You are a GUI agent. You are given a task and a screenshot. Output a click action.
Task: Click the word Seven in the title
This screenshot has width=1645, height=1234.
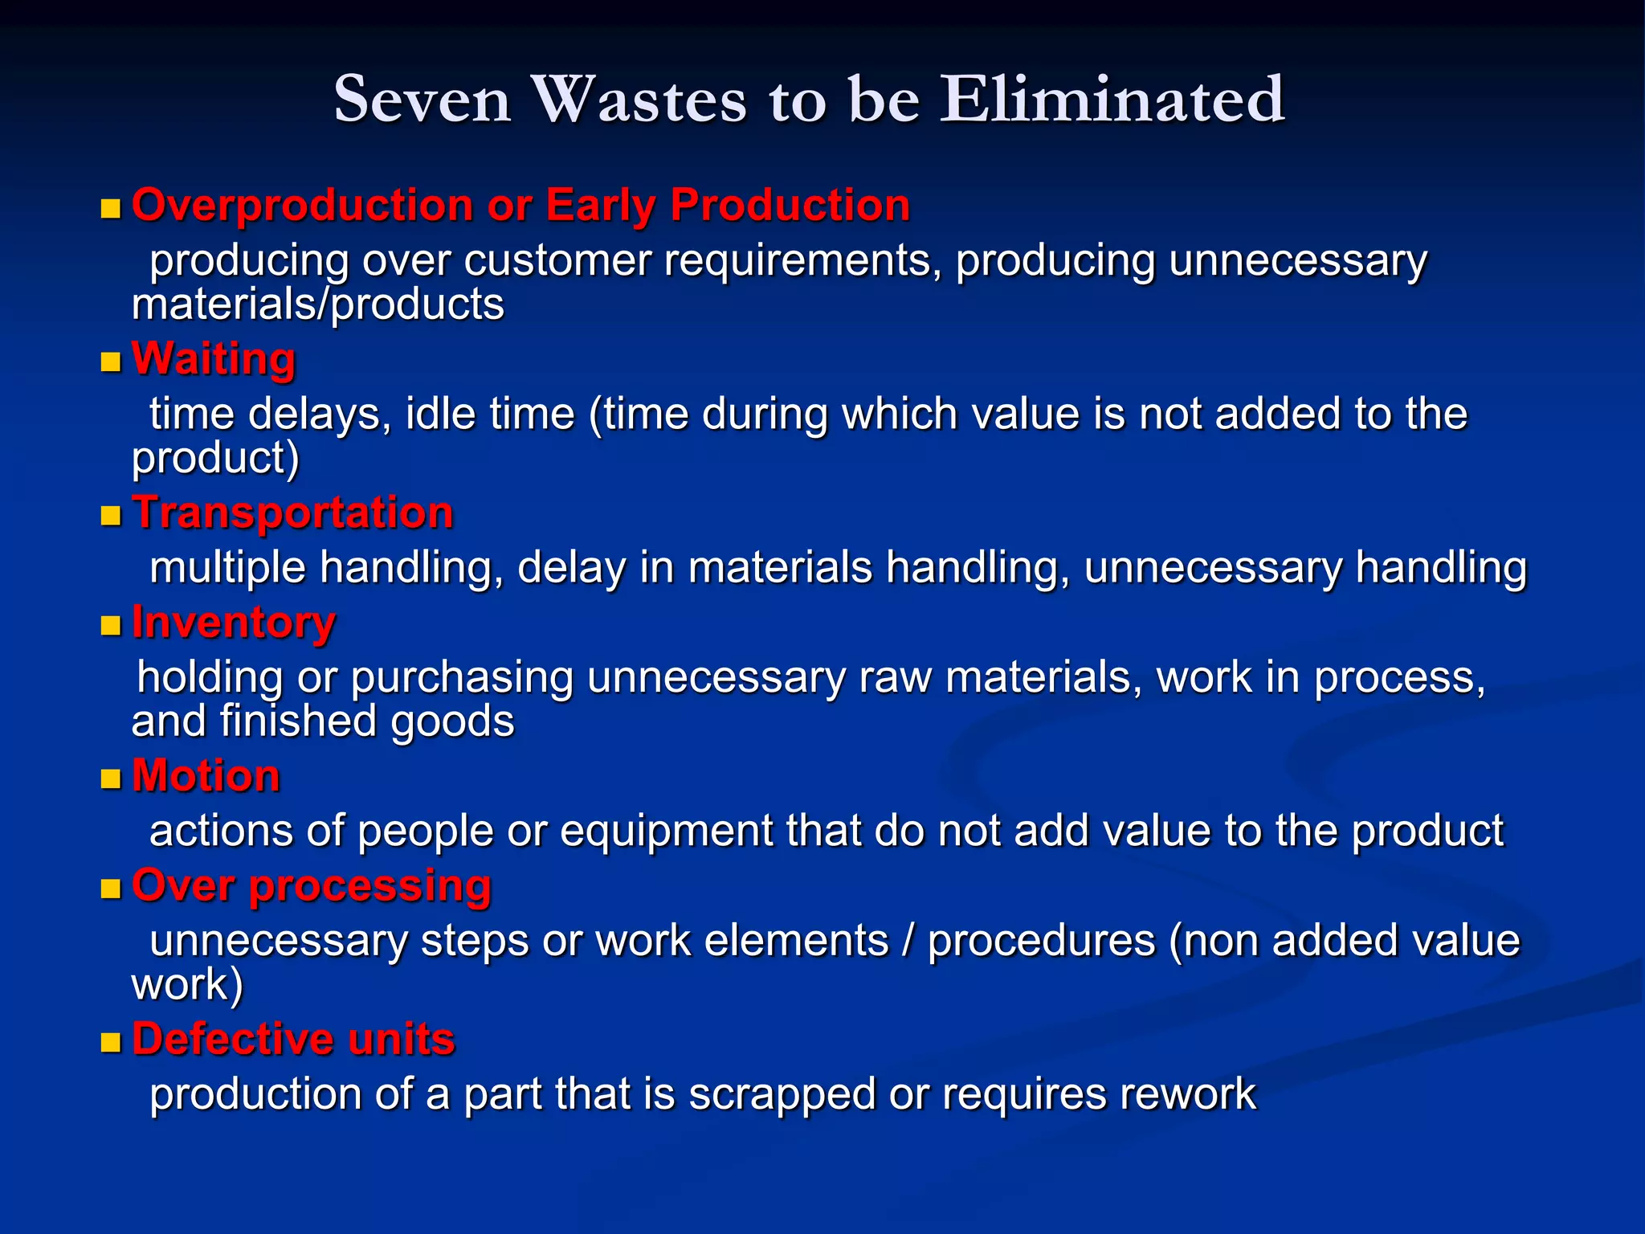pyautogui.click(x=422, y=100)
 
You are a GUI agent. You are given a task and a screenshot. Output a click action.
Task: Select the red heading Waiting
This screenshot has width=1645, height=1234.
pyautogui.click(x=214, y=358)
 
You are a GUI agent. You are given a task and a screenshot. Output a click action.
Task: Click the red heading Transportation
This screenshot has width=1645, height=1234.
pyautogui.click(x=293, y=513)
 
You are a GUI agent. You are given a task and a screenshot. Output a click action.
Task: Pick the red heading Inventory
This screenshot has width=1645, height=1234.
pyautogui.click(x=234, y=623)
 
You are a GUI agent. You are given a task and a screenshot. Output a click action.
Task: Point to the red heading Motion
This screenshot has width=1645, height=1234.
pyautogui.click(x=206, y=776)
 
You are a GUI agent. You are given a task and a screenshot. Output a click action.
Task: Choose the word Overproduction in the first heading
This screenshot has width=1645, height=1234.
pyautogui.click(x=303, y=206)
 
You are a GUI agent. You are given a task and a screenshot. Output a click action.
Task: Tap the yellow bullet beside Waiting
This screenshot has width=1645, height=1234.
pyautogui.click(x=110, y=362)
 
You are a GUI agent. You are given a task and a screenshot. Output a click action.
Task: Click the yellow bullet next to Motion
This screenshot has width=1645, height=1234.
pyautogui.click(x=110, y=779)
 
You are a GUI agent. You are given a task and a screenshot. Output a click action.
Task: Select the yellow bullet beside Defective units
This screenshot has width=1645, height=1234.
pyautogui.click(x=110, y=1043)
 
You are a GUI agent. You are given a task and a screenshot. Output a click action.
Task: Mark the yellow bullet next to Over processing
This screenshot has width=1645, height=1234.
pyautogui.click(x=110, y=889)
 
